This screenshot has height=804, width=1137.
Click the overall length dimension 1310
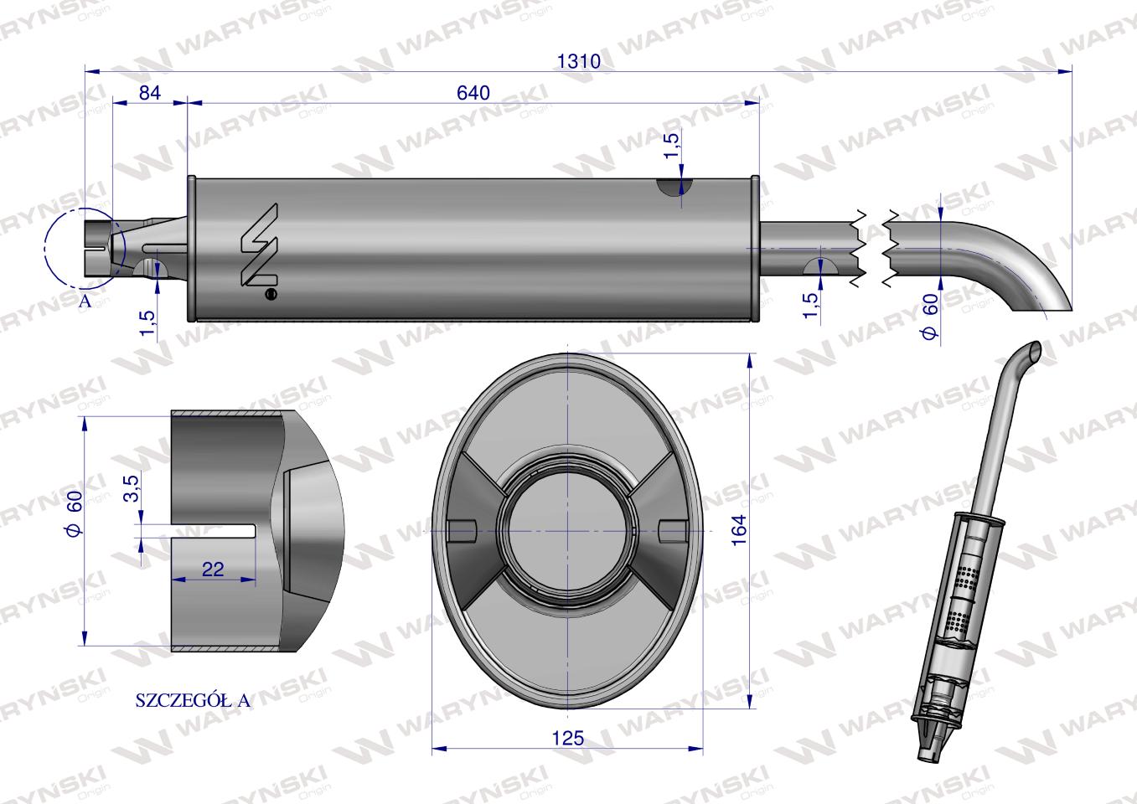click(x=579, y=61)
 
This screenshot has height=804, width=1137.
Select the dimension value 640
click(x=473, y=93)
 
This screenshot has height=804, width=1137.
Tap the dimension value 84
click(x=148, y=93)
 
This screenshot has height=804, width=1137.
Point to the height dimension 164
click(x=737, y=530)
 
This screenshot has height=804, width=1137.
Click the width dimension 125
click(x=568, y=738)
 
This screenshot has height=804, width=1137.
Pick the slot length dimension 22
click(x=213, y=569)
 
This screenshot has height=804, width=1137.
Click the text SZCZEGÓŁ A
click(x=193, y=701)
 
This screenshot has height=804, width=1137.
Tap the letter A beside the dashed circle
click(x=84, y=301)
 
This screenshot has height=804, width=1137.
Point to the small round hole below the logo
click(x=270, y=294)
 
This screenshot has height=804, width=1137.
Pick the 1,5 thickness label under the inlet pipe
click(x=147, y=323)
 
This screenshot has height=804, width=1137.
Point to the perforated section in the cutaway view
click(x=968, y=578)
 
